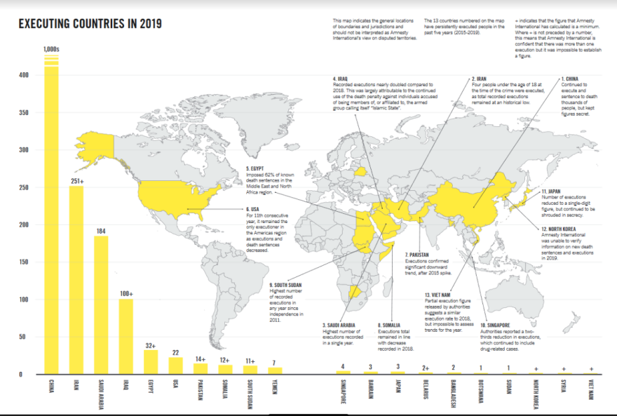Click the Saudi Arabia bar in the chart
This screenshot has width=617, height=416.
click(x=101, y=304)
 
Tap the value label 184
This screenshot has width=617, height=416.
click(x=101, y=230)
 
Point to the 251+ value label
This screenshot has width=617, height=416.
click(x=76, y=181)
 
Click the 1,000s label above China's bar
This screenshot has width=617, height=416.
click(x=51, y=48)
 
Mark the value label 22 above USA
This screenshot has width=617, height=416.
click(x=176, y=353)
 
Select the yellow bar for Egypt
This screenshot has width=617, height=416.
click(x=151, y=361)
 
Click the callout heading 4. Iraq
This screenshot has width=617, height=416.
click(x=341, y=79)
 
